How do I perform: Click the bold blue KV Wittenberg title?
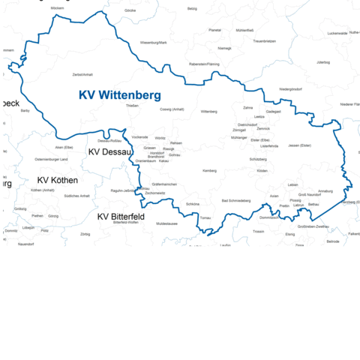pyautogui.click(x=120, y=95)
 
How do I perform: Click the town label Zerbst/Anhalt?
pyautogui.click(x=82, y=75)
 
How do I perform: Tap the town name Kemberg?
pyautogui.click(x=210, y=171)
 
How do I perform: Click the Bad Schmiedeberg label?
pyautogui.click(x=236, y=201)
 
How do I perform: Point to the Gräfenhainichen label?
pyautogui.click(x=164, y=184)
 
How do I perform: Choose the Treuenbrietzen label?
pyautogui.click(x=265, y=40)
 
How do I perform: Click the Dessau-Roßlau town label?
pyautogui.click(x=109, y=140)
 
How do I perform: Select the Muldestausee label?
pyautogui.click(x=167, y=223)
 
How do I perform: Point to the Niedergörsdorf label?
pyautogui.click(x=290, y=88)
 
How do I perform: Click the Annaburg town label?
pyautogui.click(x=325, y=191)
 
